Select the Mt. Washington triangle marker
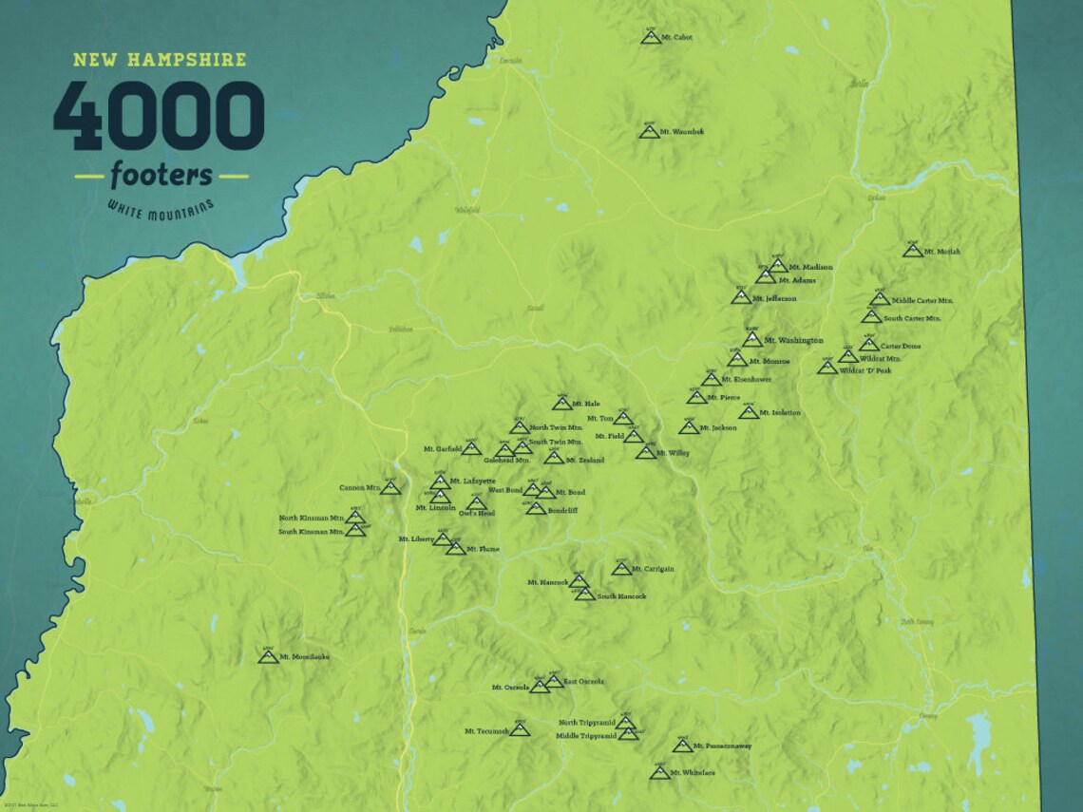click(752, 339)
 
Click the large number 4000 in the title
click(159, 116)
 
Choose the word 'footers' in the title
click(161, 176)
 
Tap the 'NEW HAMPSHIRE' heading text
click(160, 60)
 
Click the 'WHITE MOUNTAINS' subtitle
click(161, 208)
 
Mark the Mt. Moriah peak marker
click(913, 251)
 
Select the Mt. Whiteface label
click(692, 773)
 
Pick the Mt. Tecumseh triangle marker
click(519, 729)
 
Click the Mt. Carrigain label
click(653, 569)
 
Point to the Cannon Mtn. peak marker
click(389, 487)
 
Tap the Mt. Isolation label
click(780, 413)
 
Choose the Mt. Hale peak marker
click(562, 404)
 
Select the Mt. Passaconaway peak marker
click(682, 746)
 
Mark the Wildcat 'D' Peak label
click(864, 370)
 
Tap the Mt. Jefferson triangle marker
click(741, 297)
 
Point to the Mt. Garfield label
click(442, 448)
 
